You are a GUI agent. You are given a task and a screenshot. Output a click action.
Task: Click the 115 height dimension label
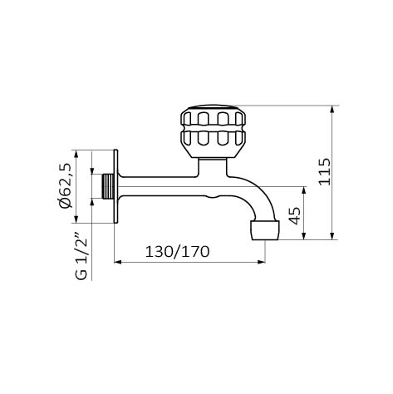point(324,171)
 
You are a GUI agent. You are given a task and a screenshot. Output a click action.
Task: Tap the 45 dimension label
point(295,215)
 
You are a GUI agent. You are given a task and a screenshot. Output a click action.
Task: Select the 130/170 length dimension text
point(177,252)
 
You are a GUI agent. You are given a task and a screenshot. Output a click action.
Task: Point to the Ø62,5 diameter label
point(66,185)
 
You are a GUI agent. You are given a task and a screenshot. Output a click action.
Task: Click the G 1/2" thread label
point(81,254)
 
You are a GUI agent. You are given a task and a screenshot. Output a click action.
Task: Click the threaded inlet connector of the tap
point(108,186)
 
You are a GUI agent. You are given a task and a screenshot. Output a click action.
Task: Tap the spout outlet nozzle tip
point(265,230)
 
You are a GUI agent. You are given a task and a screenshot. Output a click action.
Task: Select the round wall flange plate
point(116,186)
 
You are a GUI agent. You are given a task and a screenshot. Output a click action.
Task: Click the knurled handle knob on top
point(213,131)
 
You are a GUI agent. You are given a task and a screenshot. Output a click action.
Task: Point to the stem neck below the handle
point(213,167)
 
